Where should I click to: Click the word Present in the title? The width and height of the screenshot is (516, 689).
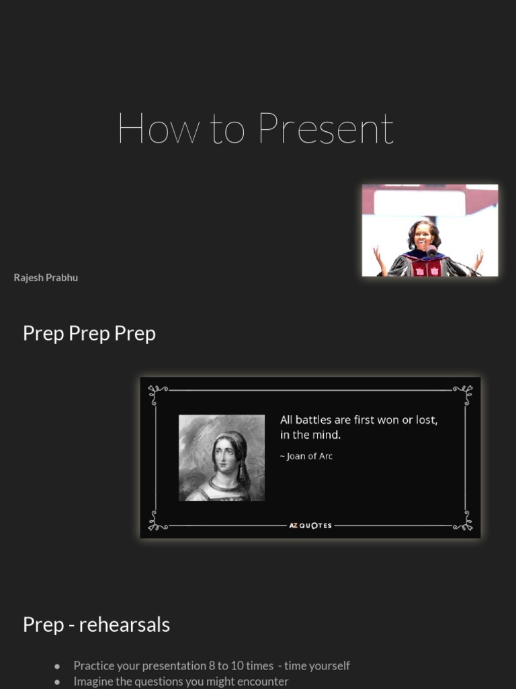[x=326, y=129]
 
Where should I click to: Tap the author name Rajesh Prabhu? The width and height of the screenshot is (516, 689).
[x=46, y=278]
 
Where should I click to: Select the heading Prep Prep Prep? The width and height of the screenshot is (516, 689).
[x=89, y=334]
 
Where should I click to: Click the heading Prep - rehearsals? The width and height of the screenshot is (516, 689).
[x=96, y=625]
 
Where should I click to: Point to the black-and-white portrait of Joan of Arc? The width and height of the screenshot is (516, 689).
[x=222, y=458]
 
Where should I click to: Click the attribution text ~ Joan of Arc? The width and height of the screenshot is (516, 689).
[x=306, y=456]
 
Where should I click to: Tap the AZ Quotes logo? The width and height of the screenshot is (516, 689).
[x=310, y=525]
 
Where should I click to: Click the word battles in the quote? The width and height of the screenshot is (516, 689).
[x=313, y=420]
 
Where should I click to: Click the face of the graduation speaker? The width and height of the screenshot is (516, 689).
[x=423, y=235]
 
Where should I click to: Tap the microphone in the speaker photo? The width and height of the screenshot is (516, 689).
[x=431, y=251]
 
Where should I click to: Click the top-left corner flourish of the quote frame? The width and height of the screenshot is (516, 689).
[x=157, y=391]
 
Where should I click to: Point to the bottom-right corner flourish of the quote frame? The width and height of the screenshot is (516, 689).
[x=463, y=521]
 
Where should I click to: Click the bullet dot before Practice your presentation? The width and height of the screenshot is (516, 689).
[x=58, y=666]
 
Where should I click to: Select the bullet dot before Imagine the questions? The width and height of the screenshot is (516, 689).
[x=58, y=682]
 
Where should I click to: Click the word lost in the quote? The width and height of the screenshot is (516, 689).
[x=426, y=420]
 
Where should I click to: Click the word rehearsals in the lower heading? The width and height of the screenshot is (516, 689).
[x=124, y=625]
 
